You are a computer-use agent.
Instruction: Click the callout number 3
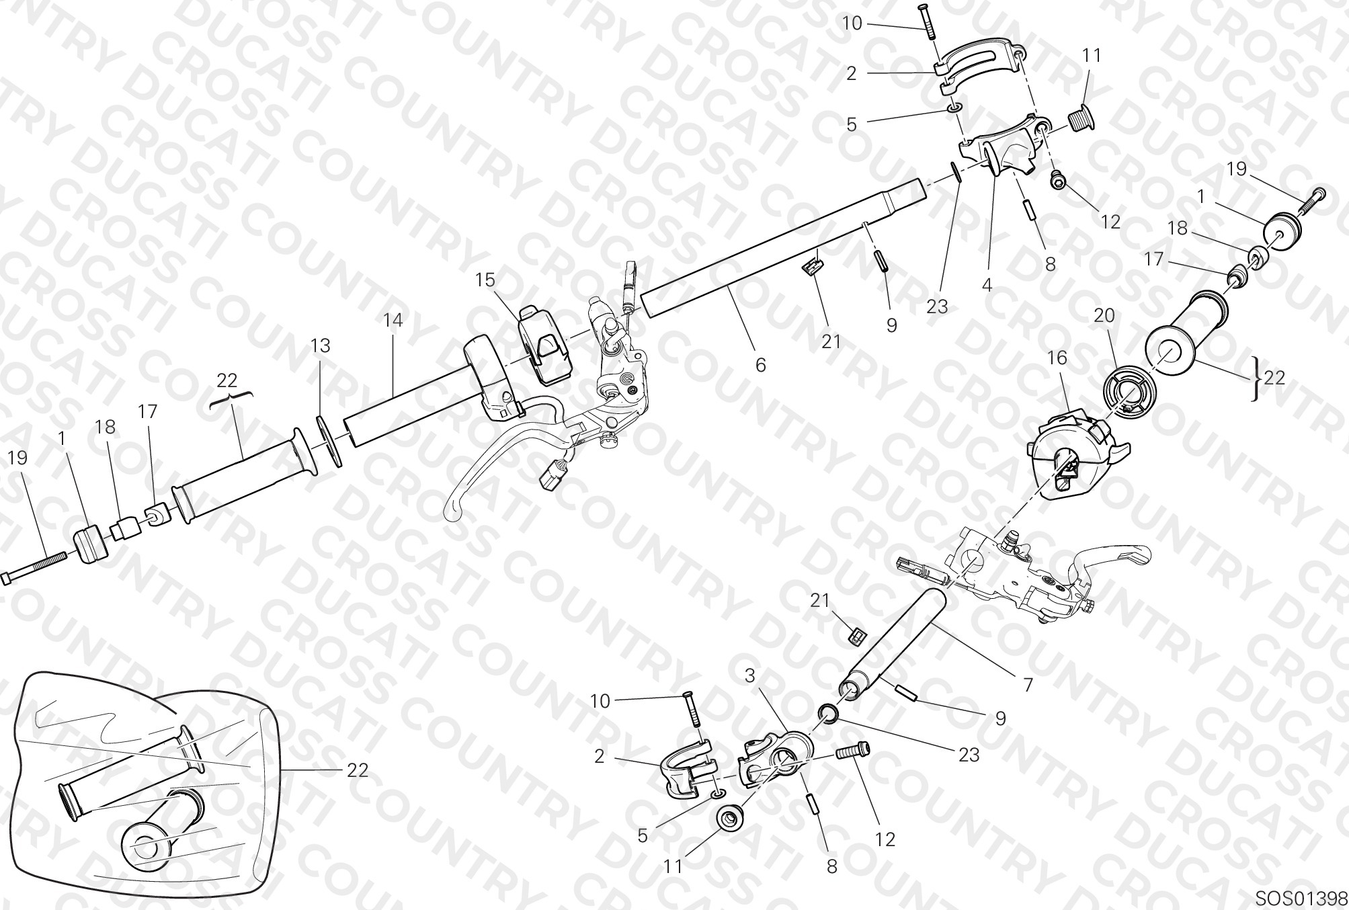750,675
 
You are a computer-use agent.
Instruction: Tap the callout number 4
987,285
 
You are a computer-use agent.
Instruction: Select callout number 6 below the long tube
760,365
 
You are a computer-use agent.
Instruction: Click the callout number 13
321,345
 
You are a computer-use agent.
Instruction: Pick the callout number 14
393,321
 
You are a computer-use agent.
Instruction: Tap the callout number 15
485,280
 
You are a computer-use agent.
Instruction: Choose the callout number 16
1057,358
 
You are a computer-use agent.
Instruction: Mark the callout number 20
1104,315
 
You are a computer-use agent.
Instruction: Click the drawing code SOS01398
1301,899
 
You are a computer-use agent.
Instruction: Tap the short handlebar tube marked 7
895,645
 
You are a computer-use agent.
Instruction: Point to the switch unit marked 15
544,345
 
